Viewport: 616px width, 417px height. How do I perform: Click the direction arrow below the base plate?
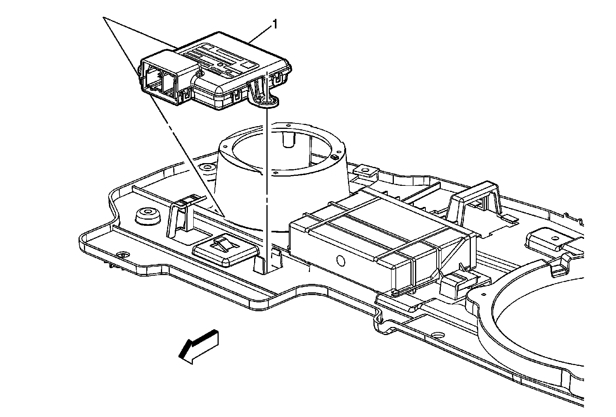pyautogui.click(x=198, y=345)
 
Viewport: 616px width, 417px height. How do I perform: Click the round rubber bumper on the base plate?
pyautogui.click(x=148, y=216)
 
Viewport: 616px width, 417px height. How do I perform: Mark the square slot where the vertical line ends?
pyautogui.click(x=266, y=265)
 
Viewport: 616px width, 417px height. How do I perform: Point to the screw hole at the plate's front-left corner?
pyautogui.click(x=124, y=255)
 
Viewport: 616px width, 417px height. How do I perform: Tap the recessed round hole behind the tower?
pyautogui.click(x=208, y=167)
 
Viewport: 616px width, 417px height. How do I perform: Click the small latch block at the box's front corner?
pyautogui.click(x=454, y=285)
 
